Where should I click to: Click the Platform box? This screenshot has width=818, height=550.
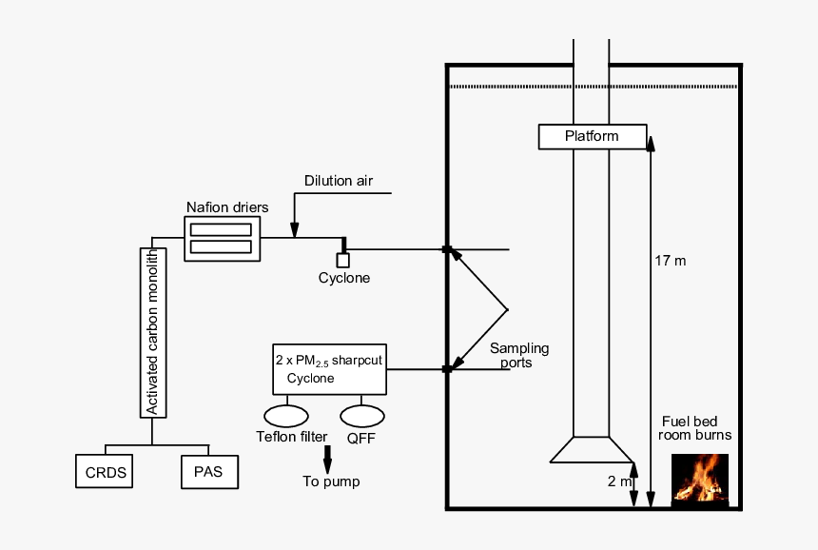click(x=593, y=136)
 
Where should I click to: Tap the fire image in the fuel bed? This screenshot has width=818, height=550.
click(x=700, y=479)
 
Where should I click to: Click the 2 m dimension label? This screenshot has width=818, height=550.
click(x=619, y=481)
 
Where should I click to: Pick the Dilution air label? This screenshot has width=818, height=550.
click(x=338, y=181)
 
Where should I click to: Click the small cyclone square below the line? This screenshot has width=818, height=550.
click(x=343, y=261)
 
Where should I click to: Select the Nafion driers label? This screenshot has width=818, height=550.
click(x=227, y=206)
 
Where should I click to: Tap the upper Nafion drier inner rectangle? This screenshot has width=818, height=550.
click(x=222, y=229)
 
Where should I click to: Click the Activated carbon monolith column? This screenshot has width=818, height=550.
click(x=153, y=332)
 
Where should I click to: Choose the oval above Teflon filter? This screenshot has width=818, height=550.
click(x=285, y=415)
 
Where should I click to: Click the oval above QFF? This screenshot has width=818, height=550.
click(x=362, y=415)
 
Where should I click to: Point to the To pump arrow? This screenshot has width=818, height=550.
click(x=328, y=458)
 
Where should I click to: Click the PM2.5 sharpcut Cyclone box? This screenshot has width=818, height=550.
click(x=329, y=368)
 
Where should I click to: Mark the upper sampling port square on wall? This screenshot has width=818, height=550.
click(x=446, y=250)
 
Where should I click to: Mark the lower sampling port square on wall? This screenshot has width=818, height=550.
click(x=446, y=368)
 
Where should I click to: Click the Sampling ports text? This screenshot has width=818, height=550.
click(x=518, y=355)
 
